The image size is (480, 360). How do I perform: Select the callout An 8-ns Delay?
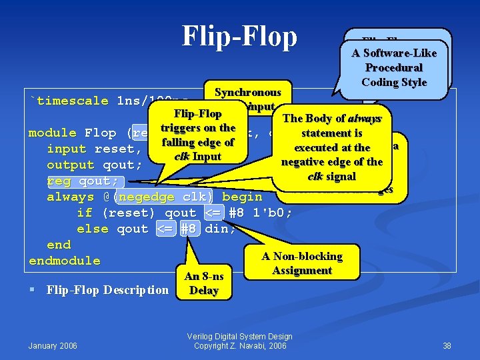[203, 283]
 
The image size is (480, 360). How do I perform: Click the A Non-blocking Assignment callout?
[302, 263]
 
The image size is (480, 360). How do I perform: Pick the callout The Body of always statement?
[332, 147]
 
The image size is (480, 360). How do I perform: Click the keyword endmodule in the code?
[64, 261]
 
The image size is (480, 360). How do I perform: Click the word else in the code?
[92, 229]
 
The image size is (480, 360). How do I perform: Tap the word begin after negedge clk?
[242, 197]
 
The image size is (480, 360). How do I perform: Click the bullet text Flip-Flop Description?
[107, 289]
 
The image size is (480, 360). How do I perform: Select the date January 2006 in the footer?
[53, 345]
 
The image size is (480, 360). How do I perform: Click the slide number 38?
[447, 345]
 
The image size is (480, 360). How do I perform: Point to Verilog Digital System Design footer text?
[239, 337]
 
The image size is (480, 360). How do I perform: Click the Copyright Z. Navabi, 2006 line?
[239, 345]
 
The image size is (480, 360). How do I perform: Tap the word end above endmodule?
[59, 245]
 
